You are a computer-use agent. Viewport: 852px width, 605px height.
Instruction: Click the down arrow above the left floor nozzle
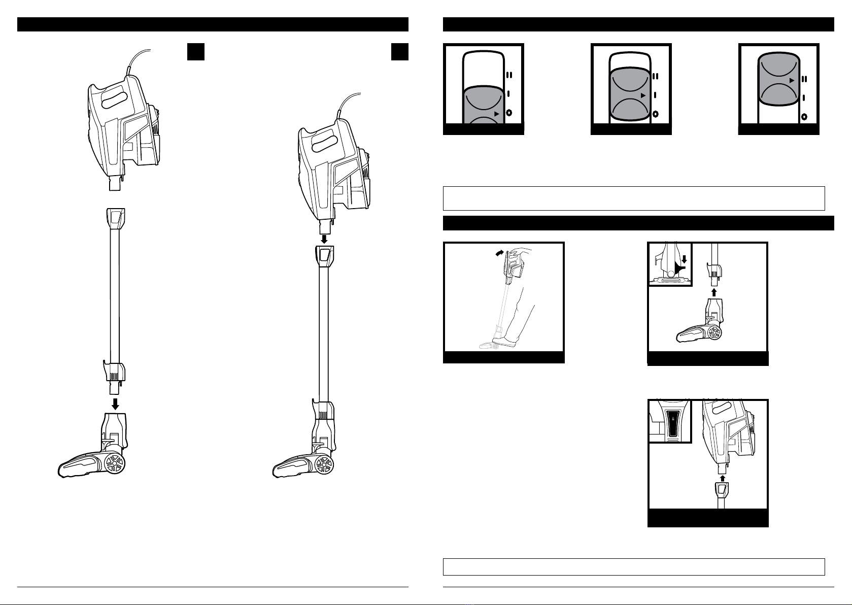pos(115,404)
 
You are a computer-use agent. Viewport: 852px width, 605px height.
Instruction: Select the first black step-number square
pos(195,52)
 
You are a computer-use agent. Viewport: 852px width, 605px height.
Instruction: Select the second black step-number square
pos(400,52)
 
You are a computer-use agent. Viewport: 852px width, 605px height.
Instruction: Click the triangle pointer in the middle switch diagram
pos(643,95)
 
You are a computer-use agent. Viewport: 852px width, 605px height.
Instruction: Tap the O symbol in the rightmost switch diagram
pos(804,117)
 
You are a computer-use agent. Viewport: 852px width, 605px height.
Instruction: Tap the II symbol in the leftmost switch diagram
pos(509,75)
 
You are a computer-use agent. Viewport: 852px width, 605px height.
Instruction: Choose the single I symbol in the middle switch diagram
pos(656,95)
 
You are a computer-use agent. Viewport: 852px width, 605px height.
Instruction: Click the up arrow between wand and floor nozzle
pos(714,292)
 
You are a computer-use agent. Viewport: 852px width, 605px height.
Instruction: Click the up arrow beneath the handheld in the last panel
pos(722,478)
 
